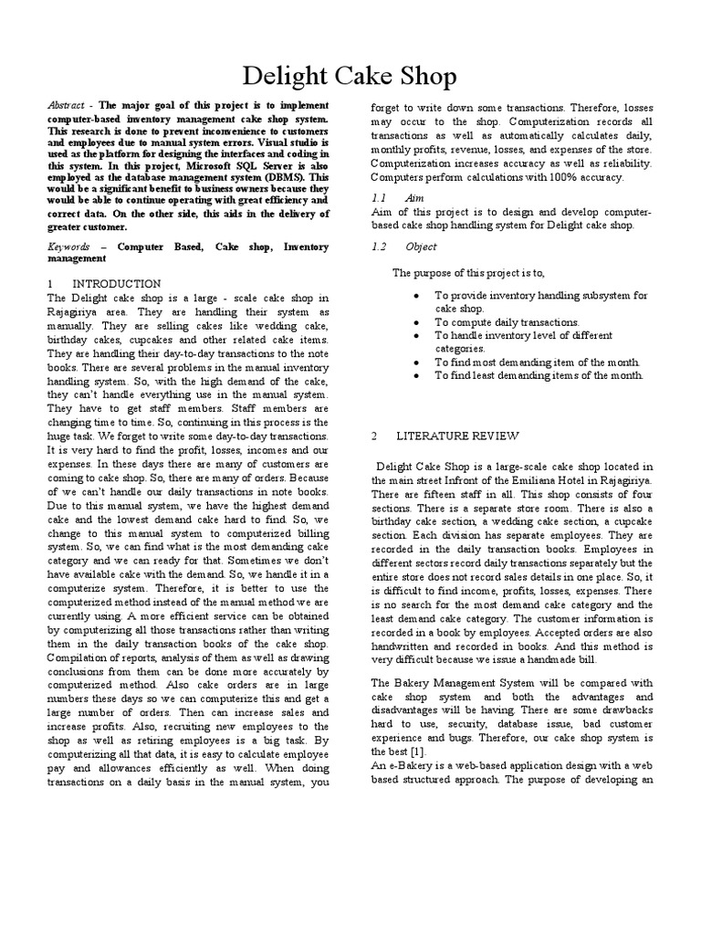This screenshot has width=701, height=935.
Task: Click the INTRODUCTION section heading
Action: click(117, 284)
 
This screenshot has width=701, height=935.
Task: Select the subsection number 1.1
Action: click(380, 199)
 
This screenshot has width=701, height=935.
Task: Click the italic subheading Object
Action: click(422, 247)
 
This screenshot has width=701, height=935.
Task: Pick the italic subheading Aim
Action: click(417, 199)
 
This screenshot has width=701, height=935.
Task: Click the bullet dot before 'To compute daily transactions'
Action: click(416, 322)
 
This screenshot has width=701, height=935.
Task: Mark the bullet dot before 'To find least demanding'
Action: click(416, 374)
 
